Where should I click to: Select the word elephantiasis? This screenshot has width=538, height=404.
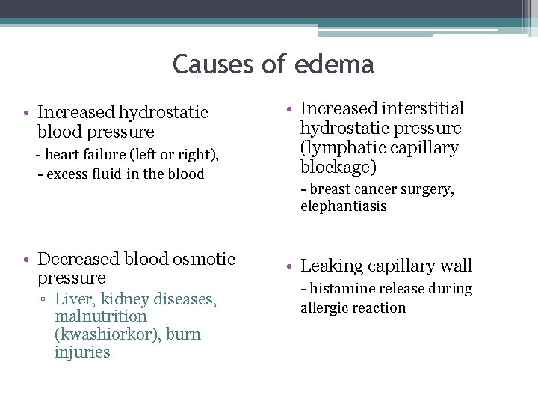click(x=344, y=206)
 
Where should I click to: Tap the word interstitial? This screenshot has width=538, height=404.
click(x=424, y=109)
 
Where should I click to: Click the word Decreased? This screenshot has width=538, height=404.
click(x=79, y=259)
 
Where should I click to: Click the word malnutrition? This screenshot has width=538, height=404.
click(x=101, y=316)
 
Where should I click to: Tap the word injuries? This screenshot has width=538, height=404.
click(x=82, y=352)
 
